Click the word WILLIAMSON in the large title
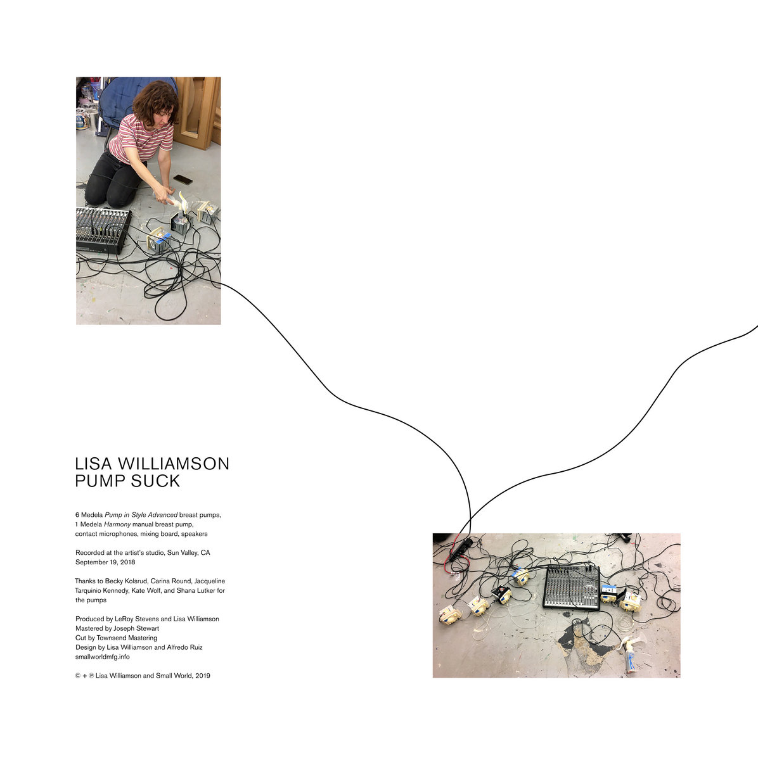pos(174,464)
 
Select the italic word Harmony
pos(117,524)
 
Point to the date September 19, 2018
pos(105,562)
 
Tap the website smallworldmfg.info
pos(102,657)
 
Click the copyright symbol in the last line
pos(78,676)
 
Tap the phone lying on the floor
pos(183,180)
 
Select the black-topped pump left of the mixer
pos(501,594)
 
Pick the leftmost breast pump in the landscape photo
pos(450,616)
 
